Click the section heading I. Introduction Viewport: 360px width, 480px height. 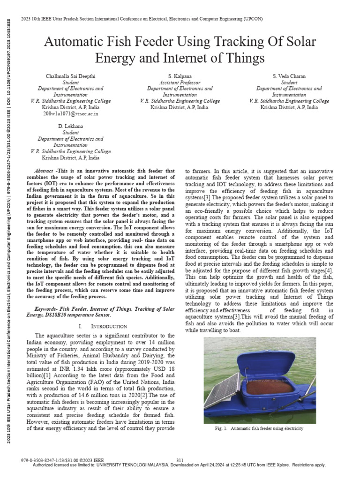tap(103, 326)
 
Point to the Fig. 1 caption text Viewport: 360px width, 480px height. tap(256, 428)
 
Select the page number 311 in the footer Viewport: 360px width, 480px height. tap(180, 460)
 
